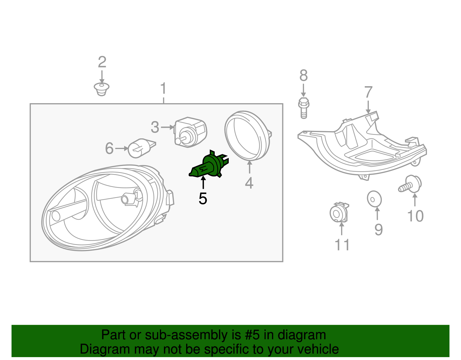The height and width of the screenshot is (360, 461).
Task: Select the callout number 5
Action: coord(203,199)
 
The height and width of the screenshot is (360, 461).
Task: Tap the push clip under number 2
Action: coord(101,89)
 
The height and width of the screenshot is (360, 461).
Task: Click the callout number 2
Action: coord(102,62)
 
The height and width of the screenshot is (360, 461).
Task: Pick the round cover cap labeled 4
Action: coord(247,135)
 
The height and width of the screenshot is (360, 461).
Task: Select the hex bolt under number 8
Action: coord(303,108)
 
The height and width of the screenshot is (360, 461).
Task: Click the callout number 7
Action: coord(368,93)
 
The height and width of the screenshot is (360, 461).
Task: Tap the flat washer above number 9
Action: coord(374,199)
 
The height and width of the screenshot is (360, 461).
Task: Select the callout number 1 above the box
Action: coord(163,88)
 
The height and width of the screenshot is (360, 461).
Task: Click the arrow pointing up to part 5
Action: coord(203,183)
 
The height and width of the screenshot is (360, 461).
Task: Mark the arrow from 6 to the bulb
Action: coord(121,148)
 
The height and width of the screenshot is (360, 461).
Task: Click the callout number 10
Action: coord(415,216)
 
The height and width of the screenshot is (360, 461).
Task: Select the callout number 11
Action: coord(342,245)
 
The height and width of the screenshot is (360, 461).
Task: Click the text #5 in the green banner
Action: coord(252,335)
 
